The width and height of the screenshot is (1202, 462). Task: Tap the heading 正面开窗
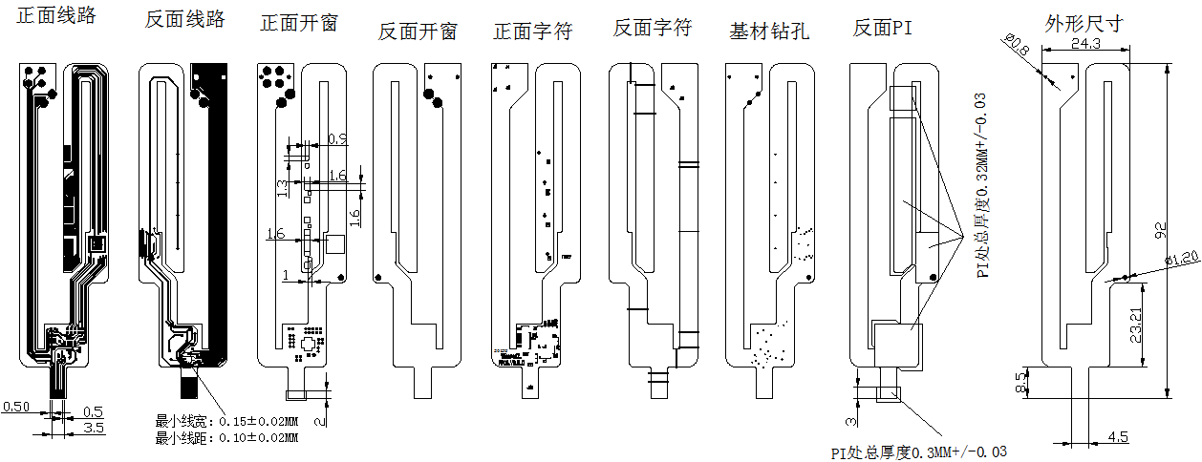click(299, 24)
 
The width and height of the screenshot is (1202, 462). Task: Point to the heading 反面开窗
click(418, 31)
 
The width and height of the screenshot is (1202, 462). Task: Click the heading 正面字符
click(532, 31)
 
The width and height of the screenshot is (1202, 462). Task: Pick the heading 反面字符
click(652, 29)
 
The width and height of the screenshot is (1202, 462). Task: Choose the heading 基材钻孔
click(769, 31)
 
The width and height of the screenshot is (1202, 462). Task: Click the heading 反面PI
click(883, 29)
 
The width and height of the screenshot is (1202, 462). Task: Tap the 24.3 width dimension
click(1085, 44)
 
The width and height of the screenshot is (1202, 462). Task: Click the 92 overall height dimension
click(1162, 230)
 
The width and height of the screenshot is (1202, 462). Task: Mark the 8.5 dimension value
click(1020, 384)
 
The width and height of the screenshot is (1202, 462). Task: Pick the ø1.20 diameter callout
click(1181, 259)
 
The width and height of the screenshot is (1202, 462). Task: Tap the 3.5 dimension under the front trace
click(93, 428)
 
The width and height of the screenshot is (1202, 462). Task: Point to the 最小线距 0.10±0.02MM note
click(226, 437)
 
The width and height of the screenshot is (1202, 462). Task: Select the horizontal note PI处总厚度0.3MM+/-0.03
click(918, 451)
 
